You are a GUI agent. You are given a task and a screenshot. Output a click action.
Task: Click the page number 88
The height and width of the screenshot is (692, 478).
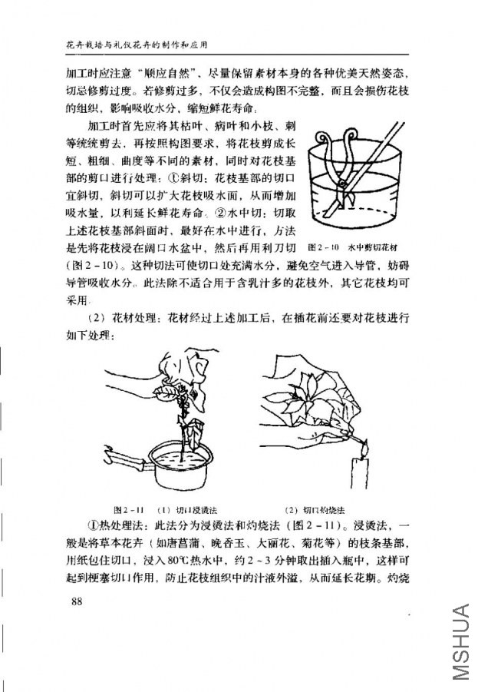click(x=75, y=601)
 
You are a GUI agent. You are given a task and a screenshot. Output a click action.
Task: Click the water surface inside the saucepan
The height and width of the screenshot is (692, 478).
click(x=184, y=455)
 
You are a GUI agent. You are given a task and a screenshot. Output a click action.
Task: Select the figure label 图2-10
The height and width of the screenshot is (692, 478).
click(x=323, y=247)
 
